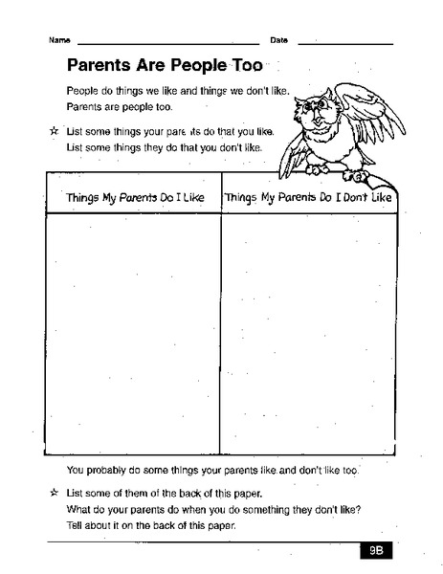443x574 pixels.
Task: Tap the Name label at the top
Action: [59, 40]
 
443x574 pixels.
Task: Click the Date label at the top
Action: [279, 40]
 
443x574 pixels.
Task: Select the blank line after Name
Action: [167, 44]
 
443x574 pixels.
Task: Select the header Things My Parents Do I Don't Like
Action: [308, 197]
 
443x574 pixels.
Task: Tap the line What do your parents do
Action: [213, 509]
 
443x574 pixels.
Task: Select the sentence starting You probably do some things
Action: [211, 472]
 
